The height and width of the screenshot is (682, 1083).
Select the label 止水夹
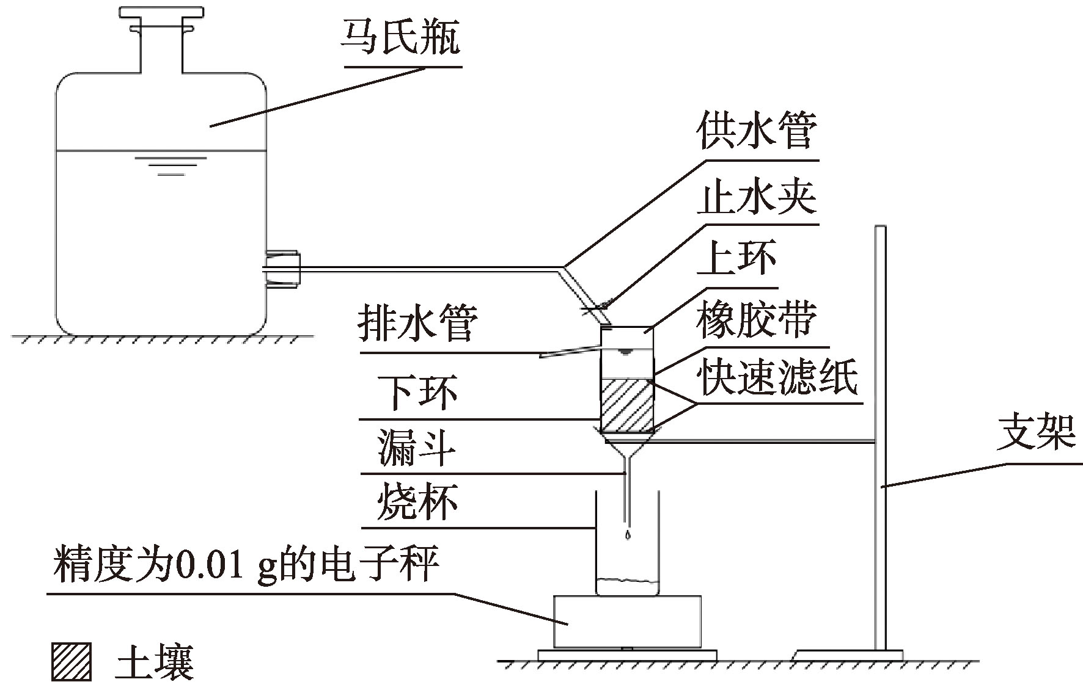(757, 198)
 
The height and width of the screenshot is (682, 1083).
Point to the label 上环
(740, 257)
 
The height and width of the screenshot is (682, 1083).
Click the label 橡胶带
(757, 320)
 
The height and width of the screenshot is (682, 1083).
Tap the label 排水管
(417, 324)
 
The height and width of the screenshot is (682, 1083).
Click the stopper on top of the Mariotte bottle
(161, 12)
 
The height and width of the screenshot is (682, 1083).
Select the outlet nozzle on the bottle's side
(283, 269)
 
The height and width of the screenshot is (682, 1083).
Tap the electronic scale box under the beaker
(627, 621)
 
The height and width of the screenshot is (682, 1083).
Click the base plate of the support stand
(850, 655)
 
